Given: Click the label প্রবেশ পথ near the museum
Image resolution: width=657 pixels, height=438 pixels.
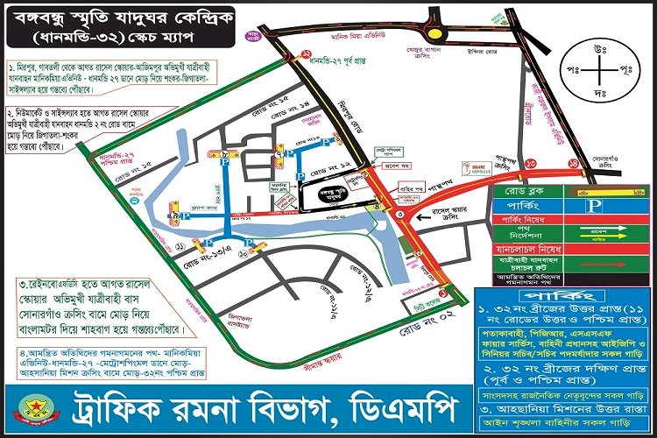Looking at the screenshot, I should point(399,166).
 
